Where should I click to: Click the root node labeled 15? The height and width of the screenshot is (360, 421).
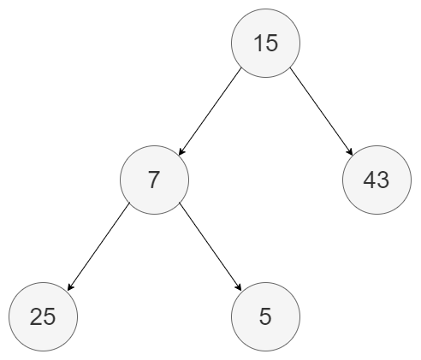(265, 43)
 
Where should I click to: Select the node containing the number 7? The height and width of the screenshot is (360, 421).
(154, 180)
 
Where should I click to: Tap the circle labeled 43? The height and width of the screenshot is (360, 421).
(377, 180)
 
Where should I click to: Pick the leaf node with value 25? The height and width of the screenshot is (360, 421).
(43, 316)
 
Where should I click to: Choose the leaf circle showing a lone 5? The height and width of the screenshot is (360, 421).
(265, 316)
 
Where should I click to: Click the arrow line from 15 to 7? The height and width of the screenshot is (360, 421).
(210, 112)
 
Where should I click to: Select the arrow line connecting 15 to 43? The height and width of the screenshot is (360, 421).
(322, 112)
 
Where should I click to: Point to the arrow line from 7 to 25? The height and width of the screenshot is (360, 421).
(99, 246)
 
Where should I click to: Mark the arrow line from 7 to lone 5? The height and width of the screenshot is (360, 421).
(210, 246)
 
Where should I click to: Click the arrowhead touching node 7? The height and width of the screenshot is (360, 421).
(181, 152)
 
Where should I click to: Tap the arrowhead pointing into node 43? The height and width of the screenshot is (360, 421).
(350, 152)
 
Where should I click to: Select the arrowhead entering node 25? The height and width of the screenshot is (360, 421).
(70, 287)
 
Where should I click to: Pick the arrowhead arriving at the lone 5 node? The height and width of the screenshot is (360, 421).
(239, 287)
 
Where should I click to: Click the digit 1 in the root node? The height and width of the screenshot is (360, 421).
(258, 43)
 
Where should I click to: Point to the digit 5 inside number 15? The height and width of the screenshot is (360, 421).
(271, 43)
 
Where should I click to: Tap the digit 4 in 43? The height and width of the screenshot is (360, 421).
(370, 180)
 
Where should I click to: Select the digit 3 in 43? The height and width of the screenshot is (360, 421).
(382, 180)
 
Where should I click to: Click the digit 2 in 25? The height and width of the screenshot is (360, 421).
(36, 316)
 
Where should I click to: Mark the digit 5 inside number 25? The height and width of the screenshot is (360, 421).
(49, 316)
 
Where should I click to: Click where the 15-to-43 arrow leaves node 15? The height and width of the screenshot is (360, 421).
(290, 68)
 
